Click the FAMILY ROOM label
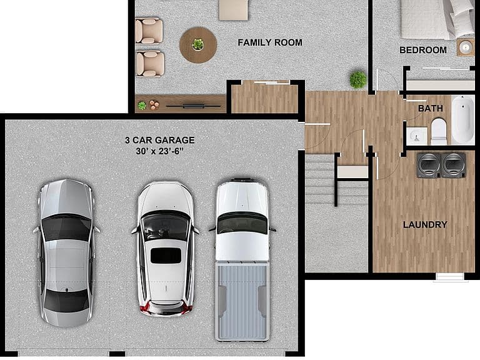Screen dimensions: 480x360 (270, 42)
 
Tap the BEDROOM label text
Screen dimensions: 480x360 (422, 50)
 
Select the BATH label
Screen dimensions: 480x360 (431, 108)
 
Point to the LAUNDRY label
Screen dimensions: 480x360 (425, 225)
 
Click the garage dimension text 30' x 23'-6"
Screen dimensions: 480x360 (159, 151)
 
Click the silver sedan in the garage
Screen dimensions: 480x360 (66, 253)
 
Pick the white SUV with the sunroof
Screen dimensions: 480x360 (165, 248)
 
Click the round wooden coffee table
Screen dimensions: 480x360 (198, 45)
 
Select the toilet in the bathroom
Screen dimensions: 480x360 (439, 132)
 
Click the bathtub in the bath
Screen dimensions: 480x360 (463, 119)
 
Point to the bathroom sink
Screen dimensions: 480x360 (417, 136)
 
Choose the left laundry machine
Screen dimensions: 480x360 (429, 165)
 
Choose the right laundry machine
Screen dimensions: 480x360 (454, 165)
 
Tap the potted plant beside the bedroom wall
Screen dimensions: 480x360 (358, 79)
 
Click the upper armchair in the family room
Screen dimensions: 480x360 (149, 31)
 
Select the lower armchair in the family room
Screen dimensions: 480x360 (150, 64)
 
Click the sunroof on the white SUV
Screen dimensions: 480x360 (166, 256)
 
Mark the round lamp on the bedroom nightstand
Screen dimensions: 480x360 (465, 47)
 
